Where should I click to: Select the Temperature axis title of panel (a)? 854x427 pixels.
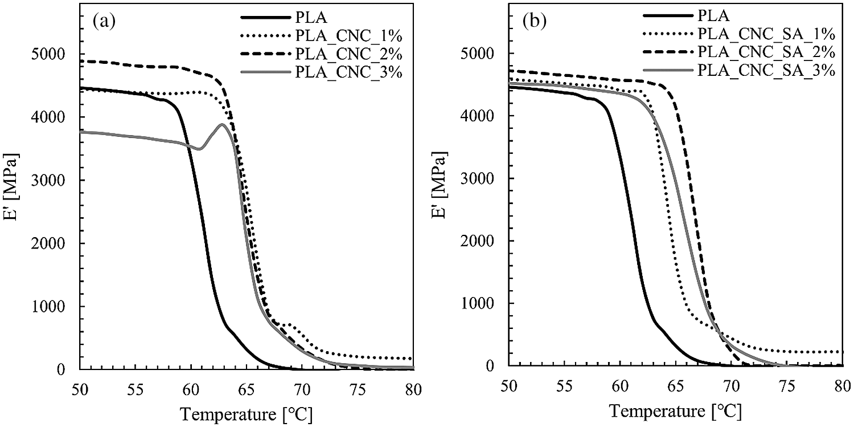[x=246, y=412]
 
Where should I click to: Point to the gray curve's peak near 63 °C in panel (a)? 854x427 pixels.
[x=221, y=124]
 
